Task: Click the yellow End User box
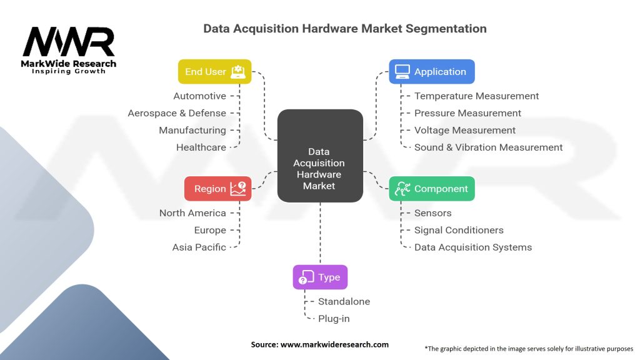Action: (214, 71)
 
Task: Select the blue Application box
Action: (432, 71)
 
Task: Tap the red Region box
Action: (217, 188)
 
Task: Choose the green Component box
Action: (432, 188)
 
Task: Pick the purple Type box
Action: (320, 277)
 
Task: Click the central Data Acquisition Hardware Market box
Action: (320, 156)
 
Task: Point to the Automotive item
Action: (199, 96)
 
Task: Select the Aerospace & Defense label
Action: (177, 113)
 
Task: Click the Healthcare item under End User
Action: (201, 147)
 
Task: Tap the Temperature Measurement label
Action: (476, 96)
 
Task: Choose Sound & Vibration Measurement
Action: (488, 147)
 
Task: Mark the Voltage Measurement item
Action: (465, 130)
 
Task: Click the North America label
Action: (192, 213)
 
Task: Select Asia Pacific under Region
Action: (199, 247)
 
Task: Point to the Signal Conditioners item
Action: (459, 230)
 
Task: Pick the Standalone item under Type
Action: (344, 301)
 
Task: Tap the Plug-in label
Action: (334, 319)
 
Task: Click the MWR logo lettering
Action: (69, 42)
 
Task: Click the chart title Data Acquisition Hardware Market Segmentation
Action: (345, 29)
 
